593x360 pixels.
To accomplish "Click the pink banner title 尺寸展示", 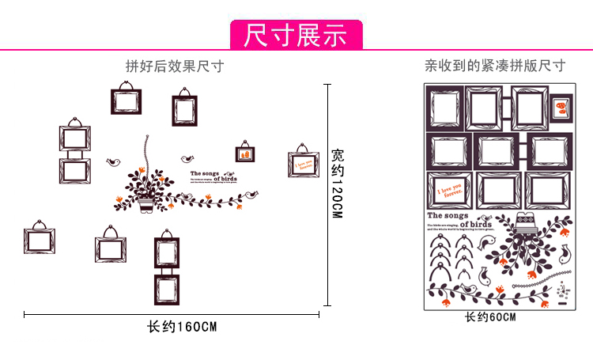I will pos(296,36).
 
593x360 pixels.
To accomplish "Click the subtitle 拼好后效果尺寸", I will pos(175,66).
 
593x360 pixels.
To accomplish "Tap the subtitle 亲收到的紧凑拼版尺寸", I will pos(495,66).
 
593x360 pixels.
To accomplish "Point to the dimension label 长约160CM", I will pos(182,327).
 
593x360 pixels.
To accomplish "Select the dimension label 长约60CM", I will pos(490,318).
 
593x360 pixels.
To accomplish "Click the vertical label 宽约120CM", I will pos(338,184).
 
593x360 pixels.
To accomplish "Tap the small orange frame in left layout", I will pos(244,151).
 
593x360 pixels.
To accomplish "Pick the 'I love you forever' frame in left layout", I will pos(302,163).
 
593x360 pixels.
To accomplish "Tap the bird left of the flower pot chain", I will pos(113,162).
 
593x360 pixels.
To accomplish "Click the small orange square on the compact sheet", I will pos(561,106).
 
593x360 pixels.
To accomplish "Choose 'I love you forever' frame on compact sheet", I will pos(448,191).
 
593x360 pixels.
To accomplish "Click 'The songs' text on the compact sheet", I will pos(448,215).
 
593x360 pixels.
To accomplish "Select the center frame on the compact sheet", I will pos(496,150).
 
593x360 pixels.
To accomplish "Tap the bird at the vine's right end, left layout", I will pos(254,194).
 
